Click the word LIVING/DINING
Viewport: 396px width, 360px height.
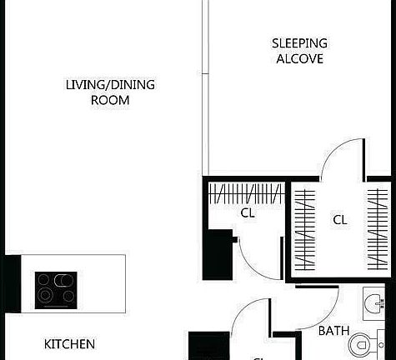click(110, 85)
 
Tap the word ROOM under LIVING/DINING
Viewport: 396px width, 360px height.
click(110, 100)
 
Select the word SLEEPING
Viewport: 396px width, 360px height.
click(299, 43)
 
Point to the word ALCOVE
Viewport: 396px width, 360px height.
click(299, 59)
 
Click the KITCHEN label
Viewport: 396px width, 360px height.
click(69, 343)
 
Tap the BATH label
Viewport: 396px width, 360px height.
click(333, 331)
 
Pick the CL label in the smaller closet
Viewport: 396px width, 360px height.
click(248, 212)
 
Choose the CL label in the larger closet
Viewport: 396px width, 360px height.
click(340, 220)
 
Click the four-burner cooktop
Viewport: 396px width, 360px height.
click(56, 289)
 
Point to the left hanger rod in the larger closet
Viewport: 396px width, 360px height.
click(306, 231)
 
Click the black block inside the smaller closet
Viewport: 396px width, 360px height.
click(223, 250)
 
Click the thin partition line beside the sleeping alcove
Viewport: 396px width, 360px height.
click(204, 83)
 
